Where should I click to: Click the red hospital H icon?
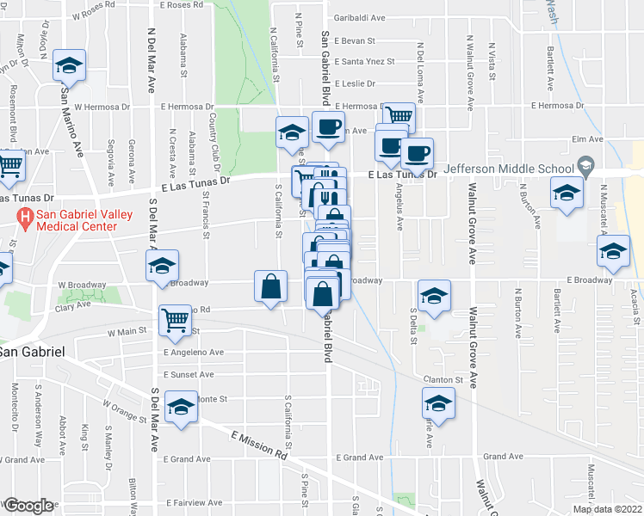click(x=27, y=218)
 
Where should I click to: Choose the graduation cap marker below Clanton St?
click(x=438, y=403)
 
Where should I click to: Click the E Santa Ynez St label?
click(x=362, y=62)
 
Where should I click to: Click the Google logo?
click(x=28, y=506)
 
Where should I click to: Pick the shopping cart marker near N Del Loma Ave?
click(x=398, y=116)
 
